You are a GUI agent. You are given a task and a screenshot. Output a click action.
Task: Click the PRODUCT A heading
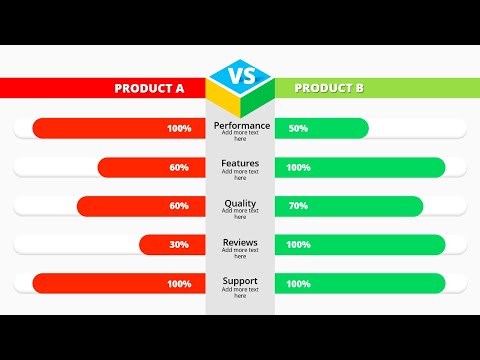click(150, 88)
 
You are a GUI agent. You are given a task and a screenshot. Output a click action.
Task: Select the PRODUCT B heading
click(329, 88)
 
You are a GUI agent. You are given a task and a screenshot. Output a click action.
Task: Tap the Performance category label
click(240, 126)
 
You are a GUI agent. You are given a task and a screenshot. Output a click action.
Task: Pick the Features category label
click(240, 163)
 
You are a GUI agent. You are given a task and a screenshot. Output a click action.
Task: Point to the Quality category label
click(240, 203)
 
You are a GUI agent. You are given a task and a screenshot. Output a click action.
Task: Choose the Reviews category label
click(240, 242)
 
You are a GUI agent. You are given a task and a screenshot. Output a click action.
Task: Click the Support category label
click(240, 281)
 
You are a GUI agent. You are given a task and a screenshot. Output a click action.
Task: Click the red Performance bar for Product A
click(119, 128)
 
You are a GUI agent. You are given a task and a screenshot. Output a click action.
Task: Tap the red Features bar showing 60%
click(151, 167)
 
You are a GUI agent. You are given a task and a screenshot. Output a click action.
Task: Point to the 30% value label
click(179, 244)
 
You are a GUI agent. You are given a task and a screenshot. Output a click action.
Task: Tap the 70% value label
click(298, 206)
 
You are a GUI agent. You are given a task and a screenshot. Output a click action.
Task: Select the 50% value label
click(298, 128)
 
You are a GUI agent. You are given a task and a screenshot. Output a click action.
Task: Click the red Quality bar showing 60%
click(141, 206)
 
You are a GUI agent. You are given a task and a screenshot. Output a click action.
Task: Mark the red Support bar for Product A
click(119, 284)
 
